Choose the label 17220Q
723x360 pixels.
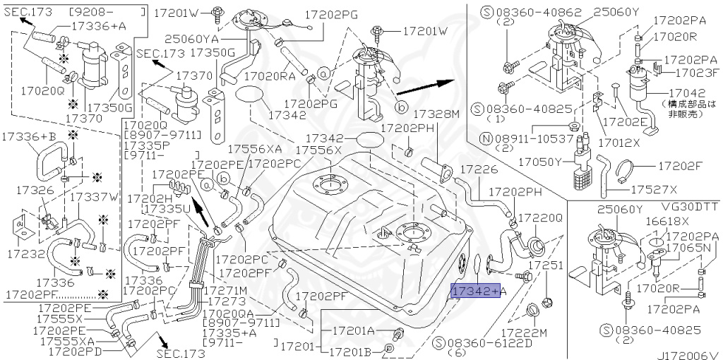[540, 219]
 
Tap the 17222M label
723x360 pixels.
[523, 332]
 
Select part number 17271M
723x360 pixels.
[225, 291]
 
